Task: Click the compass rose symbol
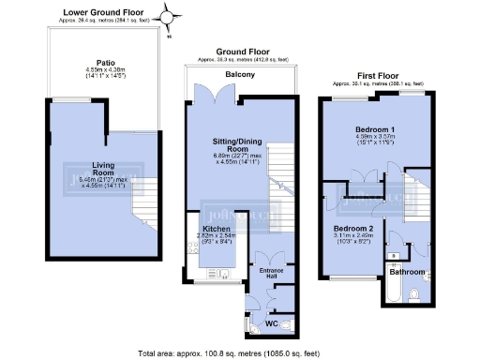169,17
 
